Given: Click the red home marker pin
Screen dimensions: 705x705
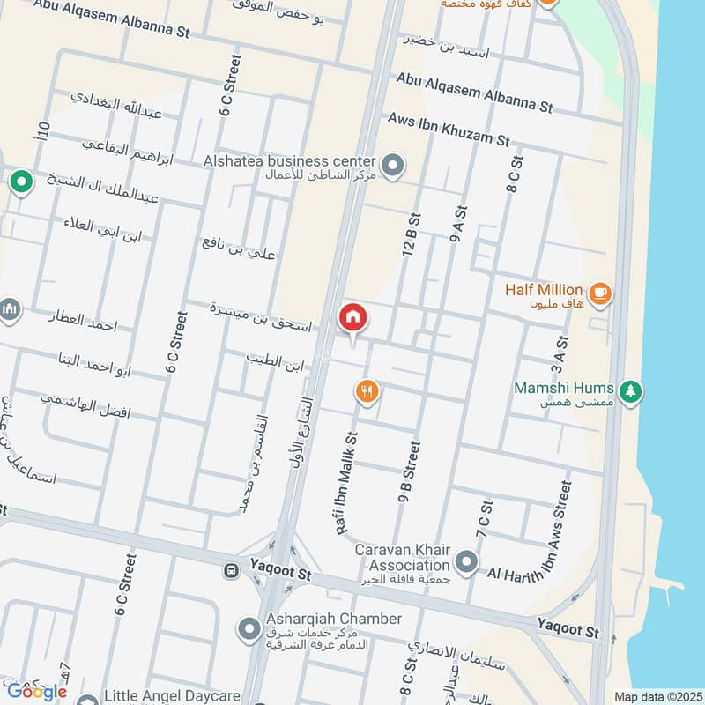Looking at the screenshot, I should (352, 317).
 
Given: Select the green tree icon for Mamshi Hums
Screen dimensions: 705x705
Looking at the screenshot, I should (629, 390).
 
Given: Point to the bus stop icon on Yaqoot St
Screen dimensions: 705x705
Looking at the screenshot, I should (231, 571).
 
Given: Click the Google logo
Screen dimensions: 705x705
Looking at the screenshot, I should (37, 691).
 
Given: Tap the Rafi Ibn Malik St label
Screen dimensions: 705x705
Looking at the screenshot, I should (346, 471).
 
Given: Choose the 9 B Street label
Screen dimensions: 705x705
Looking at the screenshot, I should (408, 473).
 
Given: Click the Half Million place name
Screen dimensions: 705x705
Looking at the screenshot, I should (544, 289).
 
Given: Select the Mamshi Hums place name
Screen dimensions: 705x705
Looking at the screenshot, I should (568, 387).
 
